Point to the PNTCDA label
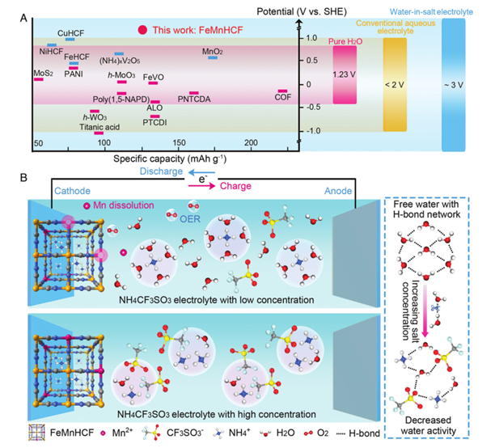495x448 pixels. pyautogui.click(x=193, y=99)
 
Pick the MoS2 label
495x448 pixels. pyautogui.click(x=44, y=74)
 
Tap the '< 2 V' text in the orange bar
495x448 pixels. pyautogui.click(x=394, y=84)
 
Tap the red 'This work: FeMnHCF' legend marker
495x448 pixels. pyautogui.click(x=142, y=29)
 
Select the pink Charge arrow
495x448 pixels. pyautogui.click(x=203, y=184)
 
